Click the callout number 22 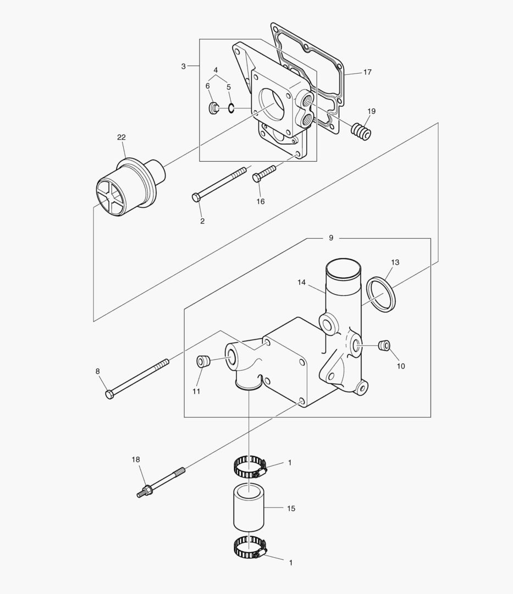point(122,137)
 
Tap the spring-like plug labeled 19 point(361,131)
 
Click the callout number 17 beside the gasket point(367,72)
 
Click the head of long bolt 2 point(196,197)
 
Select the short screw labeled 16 point(263,174)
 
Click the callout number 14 point(301,282)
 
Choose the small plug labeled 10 point(385,345)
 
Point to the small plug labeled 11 point(203,362)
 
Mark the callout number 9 point(331,238)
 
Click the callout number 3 point(184,66)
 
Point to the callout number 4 point(216,70)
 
